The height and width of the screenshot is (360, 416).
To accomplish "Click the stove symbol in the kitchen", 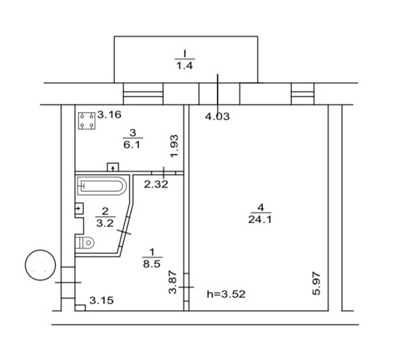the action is (87, 121).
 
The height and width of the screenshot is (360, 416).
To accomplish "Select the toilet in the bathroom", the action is (84, 242).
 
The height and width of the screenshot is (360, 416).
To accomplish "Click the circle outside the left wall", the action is (40, 265).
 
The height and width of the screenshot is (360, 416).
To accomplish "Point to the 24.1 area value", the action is (260, 220).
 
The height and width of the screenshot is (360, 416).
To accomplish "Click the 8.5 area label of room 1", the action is (152, 264).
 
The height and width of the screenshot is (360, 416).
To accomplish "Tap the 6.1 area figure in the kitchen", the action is (132, 145).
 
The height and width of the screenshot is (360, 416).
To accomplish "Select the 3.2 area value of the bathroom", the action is (105, 223).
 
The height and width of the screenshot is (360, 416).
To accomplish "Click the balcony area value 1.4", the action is (185, 65).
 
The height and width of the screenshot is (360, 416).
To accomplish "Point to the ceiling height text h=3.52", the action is (226, 294).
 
